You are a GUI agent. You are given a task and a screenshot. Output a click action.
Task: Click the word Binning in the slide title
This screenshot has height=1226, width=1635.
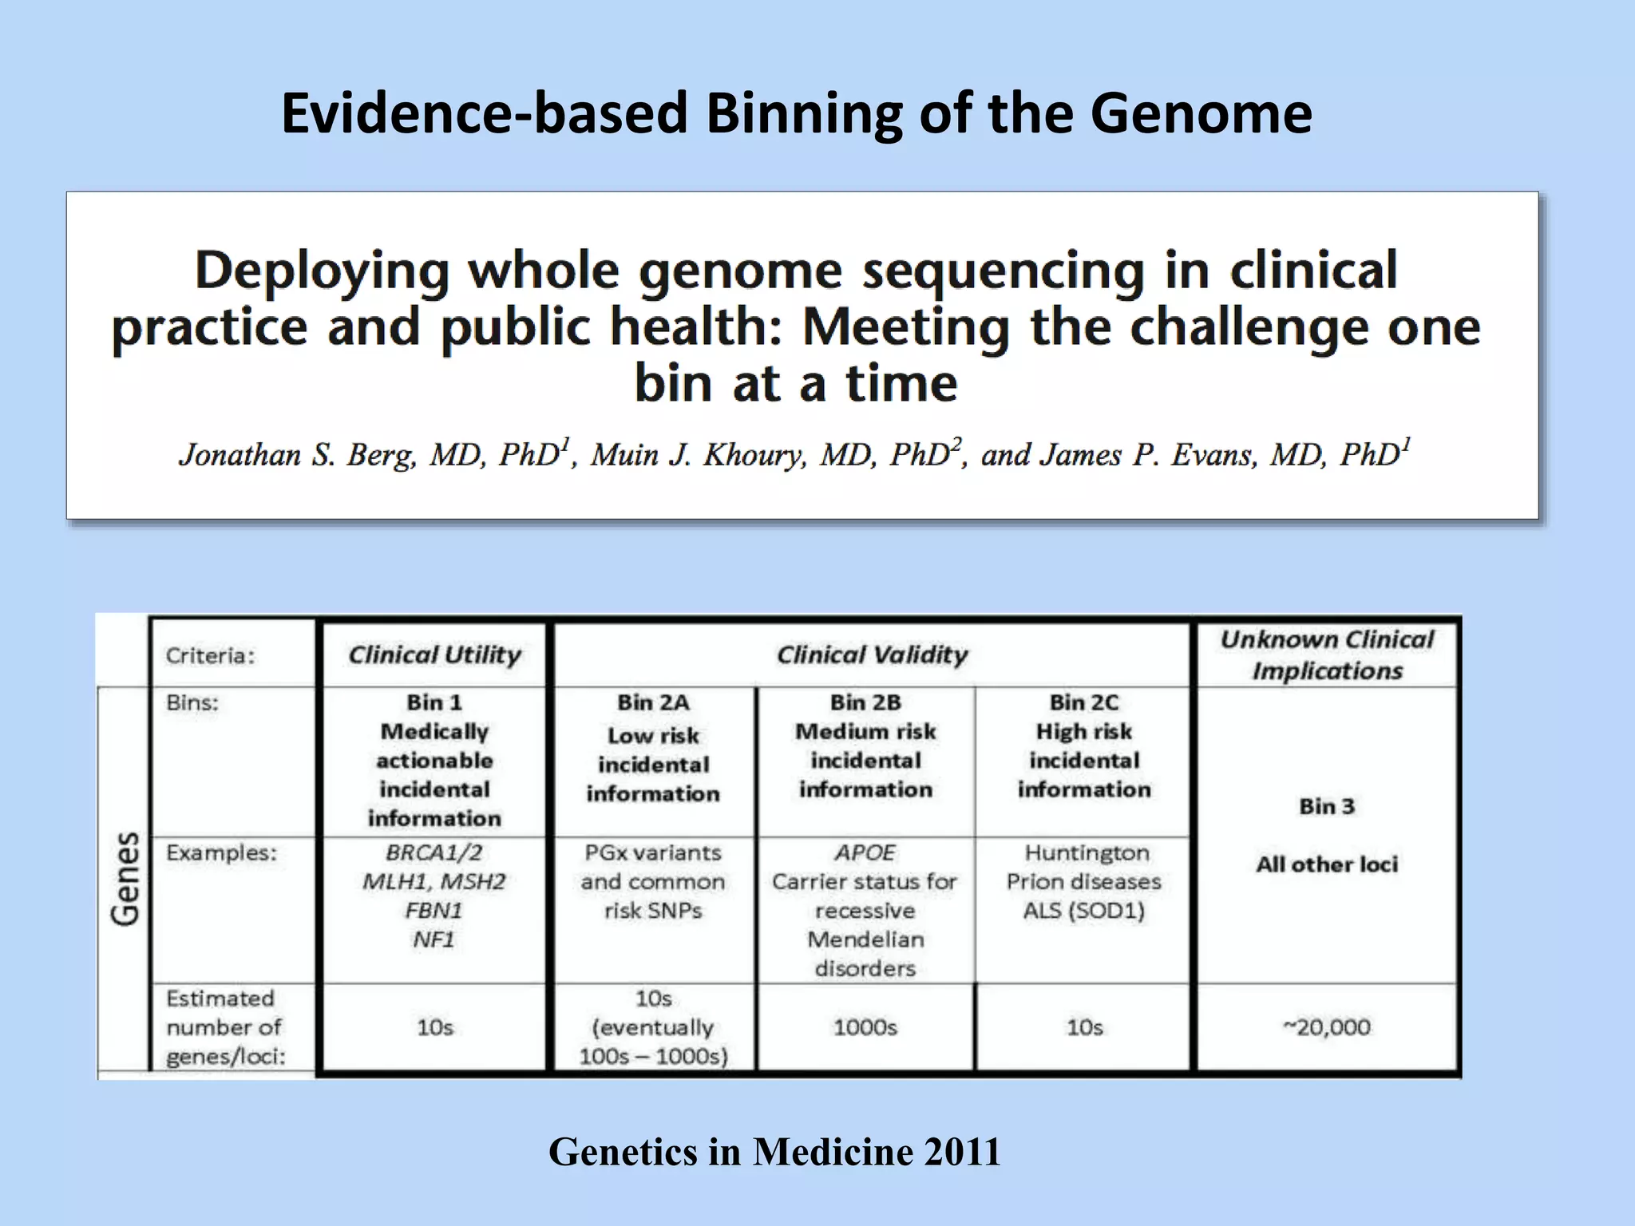click(x=803, y=113)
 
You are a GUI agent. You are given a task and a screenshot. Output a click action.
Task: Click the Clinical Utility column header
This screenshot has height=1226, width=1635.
click(x=434, y=655)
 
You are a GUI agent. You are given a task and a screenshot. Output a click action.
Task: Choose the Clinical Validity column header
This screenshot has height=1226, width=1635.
click(x=872, y=655)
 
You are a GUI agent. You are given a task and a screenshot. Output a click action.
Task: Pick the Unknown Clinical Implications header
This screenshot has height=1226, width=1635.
click(x=1327, y=655)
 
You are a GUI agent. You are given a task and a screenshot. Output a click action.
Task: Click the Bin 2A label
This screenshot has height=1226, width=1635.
click(x=653, y=702)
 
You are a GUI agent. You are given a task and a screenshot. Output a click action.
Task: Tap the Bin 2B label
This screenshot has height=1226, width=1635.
click(x=865, y=702)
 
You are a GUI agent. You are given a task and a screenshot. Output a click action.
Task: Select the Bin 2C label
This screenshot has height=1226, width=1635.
click(x=1084, y=702)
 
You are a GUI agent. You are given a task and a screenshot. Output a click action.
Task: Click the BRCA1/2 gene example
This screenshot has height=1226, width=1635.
click(x=434, y=852)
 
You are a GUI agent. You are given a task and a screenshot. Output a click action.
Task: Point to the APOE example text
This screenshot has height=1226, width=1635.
click(x=865, y=852)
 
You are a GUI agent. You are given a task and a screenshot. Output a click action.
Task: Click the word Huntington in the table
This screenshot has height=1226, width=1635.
click(x=1087, y=852)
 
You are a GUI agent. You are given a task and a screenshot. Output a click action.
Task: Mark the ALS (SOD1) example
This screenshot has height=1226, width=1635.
click(x=1084, y=911)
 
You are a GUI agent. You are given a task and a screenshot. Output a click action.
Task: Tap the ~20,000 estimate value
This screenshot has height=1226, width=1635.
click(x=1327, y=1027)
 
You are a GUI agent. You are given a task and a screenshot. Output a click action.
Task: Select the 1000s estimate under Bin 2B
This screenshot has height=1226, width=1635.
click(x=865, y=1027)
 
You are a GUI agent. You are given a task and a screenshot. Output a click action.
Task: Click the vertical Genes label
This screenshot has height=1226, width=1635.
click(x=125, y=879)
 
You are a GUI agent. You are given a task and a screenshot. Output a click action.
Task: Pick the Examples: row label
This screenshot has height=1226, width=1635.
click(x=221, y=853)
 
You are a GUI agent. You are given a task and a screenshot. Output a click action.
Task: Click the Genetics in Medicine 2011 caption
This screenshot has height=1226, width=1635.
click(x=774, y=1152)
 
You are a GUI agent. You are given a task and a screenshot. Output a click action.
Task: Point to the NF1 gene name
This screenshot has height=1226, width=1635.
click(x=433, y=939)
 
